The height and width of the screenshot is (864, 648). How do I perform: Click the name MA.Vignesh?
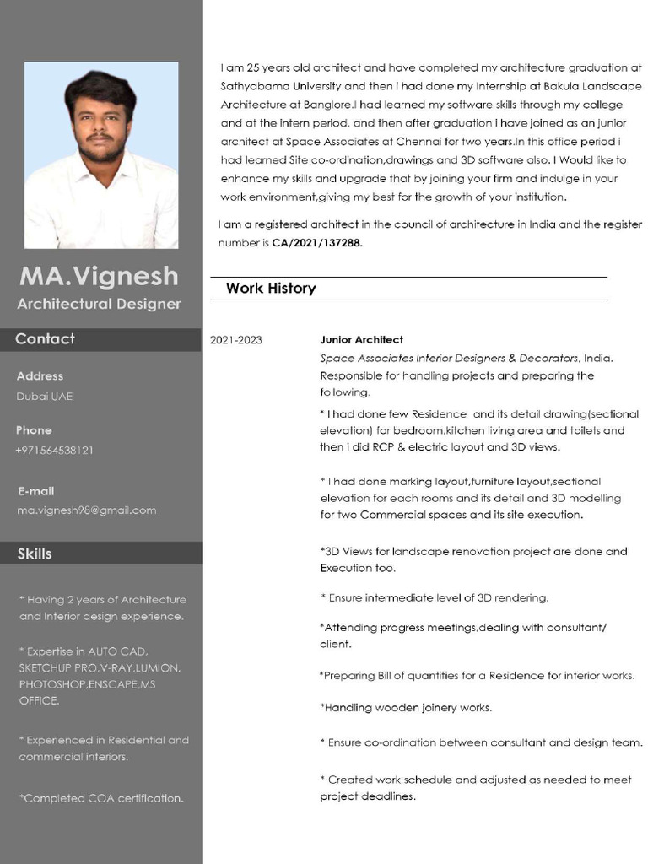(100, 276)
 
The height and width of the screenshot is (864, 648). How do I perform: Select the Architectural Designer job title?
(100, 304)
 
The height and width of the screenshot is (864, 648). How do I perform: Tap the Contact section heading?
(45, 339)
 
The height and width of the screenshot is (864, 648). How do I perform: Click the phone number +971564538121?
(54, 451)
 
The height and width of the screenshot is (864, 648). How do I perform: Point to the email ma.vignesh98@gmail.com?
(86, 510)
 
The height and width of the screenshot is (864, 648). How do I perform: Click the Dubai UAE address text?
(45, 397)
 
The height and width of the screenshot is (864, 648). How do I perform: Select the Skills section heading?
(35, 553)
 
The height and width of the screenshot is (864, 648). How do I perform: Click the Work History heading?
(271, 289)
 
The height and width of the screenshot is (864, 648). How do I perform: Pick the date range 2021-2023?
(235, 340)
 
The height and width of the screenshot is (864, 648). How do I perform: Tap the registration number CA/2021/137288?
(316, 243)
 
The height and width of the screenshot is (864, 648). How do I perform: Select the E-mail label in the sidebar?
(35, 491)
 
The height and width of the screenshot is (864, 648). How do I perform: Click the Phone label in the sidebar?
(34, 430)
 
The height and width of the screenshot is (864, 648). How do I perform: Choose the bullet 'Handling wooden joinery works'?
(406, 708)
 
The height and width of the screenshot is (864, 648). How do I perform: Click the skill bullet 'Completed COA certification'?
(101, 798)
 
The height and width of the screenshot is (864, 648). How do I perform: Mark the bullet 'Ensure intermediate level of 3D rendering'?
(435, 598)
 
